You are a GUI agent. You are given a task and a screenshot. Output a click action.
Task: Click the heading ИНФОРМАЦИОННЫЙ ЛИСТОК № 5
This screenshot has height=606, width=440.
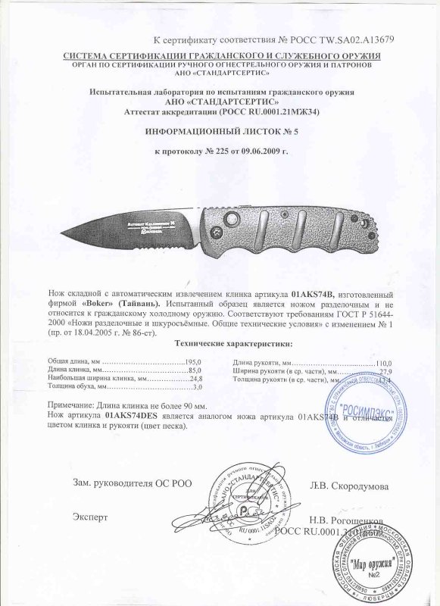(219, 131)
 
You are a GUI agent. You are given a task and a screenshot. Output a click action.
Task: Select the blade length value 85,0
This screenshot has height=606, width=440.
(198, 370)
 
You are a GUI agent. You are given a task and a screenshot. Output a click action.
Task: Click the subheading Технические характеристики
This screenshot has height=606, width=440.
(217, 343)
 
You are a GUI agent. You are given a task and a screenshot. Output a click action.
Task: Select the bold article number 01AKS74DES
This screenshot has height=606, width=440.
(136, 416)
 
